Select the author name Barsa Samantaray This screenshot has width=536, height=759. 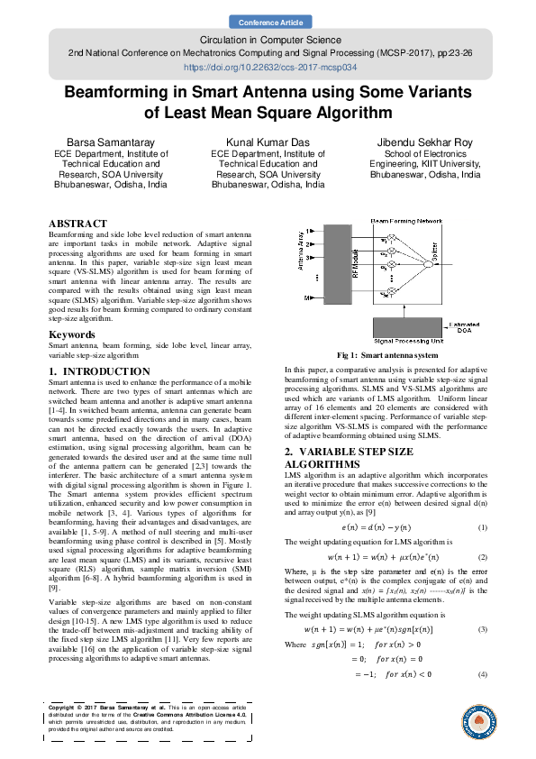point(103,143)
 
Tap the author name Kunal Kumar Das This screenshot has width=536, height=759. point(268,143)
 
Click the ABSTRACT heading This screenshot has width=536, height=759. point(77,223)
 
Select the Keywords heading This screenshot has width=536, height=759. point(72,334)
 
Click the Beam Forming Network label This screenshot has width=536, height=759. point(406,220)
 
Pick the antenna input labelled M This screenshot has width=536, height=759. point(309,297)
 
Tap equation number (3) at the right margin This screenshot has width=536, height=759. point(483,602)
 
